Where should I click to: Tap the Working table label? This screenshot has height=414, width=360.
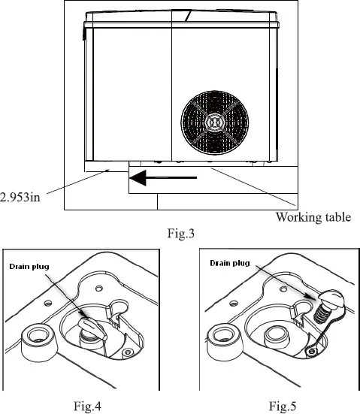click(313, 218)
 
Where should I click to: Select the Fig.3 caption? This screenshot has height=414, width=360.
click(183, 230)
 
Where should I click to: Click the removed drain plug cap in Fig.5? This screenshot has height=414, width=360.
click(331, 301)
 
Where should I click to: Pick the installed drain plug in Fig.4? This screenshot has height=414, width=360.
click(89, 326)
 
